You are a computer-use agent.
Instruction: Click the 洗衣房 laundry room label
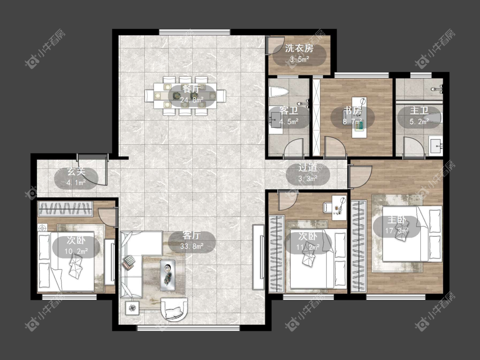click(299, 48)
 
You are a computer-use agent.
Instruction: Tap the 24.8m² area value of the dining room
click(192, 100)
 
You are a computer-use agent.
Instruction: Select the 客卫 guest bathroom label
click(289, 111)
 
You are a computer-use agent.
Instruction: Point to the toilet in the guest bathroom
click(279, 92)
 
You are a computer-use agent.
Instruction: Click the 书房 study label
click(352, 110)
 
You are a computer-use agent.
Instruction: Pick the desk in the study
click(359, 118)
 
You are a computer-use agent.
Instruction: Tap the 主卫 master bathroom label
click(419, 110)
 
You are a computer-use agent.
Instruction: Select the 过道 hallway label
click(308, 168)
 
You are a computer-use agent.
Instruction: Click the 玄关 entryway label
click(76, 172)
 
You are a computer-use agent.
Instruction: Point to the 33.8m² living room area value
click(192, 246)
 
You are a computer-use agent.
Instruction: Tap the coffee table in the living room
click(168, 275)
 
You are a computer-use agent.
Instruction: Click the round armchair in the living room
click(174, 309)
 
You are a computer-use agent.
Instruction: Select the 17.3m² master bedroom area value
click(397, 230)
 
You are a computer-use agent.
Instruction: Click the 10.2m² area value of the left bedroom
click(76, 251)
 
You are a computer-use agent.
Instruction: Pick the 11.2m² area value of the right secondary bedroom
click(308, 247)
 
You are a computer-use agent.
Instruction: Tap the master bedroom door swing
click(360, 177)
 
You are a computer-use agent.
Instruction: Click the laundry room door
click(275, 46)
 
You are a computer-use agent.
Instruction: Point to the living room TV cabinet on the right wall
click(259, 257)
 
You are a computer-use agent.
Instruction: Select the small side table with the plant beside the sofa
click(132, 308)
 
